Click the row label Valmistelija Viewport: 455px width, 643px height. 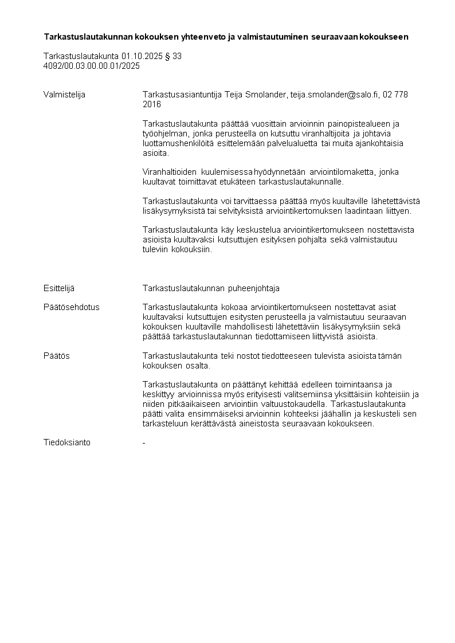coord(64,95)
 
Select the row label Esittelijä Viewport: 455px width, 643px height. coord(59,288)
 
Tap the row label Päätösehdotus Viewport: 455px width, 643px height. coord(71,307)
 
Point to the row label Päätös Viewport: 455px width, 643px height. coord(57,356)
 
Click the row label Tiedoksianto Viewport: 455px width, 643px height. coord(66,442)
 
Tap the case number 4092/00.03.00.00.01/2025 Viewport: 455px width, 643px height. coord(92,66)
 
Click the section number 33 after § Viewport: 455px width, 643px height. coord(177,56)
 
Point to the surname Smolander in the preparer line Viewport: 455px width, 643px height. coord(265,95)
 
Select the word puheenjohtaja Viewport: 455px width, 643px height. coord(252,288)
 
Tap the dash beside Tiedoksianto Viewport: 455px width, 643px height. coord(144,442)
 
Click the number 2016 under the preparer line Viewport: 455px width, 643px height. coord(152,104)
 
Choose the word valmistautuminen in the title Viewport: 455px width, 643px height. coord(269,37)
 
